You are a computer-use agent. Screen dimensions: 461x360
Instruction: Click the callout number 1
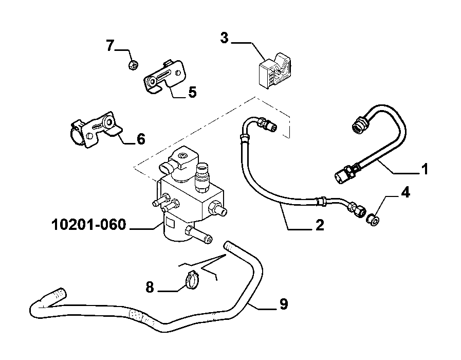pos(425,169)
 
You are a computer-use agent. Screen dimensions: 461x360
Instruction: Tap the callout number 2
pos(320,225)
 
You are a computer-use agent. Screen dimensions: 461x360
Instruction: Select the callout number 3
pos(224,38)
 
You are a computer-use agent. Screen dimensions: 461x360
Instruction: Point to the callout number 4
pos(405,192)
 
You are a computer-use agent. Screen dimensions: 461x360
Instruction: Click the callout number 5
pos(192,93)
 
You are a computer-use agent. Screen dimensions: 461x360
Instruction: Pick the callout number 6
pos(141,139)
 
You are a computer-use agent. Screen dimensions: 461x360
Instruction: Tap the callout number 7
pos(110,46)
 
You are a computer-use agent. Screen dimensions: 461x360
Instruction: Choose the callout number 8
pos(150,287)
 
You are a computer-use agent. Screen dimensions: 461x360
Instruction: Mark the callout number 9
pos(283,304)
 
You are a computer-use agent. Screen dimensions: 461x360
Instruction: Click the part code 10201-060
pos(89,225)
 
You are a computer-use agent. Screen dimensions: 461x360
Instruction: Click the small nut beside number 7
pos(134,65)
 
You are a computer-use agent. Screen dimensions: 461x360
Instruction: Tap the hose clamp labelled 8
pos(193,280)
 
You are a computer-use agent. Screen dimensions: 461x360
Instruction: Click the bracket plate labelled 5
pos(164,77)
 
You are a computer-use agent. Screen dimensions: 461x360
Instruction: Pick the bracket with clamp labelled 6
pos(95,130)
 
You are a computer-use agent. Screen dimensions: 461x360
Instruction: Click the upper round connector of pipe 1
pos(359,125)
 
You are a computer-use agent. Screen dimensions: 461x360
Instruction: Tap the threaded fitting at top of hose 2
pos(267,124)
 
